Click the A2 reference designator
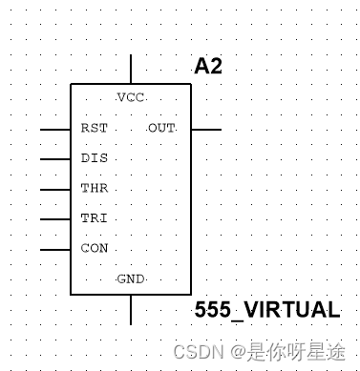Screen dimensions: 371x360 click(x=209, y=66)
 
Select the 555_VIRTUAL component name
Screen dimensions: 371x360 click(x=266, y=310)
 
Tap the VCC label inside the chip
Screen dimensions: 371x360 click(x=130, y=97)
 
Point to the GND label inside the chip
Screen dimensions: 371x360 click(x=130, y=279)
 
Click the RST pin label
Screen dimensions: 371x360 click(x=94, y=128)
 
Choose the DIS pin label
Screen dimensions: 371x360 click(x=94, y=158)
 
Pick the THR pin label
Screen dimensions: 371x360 click(x=94, y=189)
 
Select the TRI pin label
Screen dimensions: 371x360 click(x=94, y=219)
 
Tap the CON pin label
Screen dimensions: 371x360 click(x=94, y=249)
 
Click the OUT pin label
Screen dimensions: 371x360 click(x=161, y=128)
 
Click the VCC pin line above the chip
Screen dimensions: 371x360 click(x=131, y=70)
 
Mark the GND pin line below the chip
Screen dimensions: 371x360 click(x=131, y=310)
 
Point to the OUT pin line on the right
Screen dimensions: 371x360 click(x=205, y=128)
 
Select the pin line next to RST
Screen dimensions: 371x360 click(x=54, y=128)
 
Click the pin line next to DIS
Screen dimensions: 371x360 click(x=54, y=158)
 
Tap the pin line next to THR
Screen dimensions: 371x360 click(x=54, y=189)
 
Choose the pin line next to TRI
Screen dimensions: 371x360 click(x=54, y=219)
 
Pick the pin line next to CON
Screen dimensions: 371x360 click(x=54, y=250)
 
